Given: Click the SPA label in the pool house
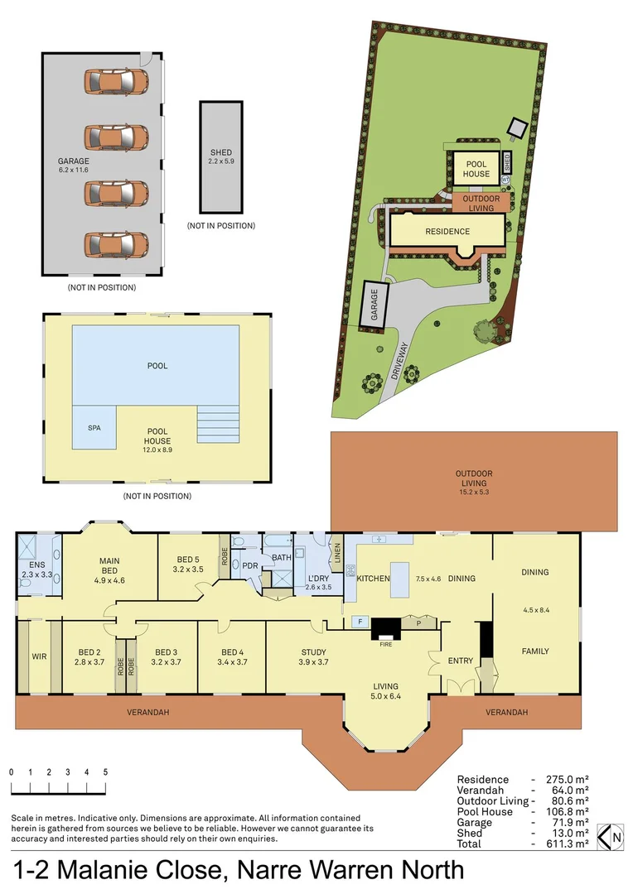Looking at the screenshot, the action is pos(94,428).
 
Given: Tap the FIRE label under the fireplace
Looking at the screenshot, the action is pos(386,644).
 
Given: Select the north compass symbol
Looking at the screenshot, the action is pos(610,838).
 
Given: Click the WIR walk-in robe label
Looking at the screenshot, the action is pos(39,656).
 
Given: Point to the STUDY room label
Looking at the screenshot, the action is pos(313,651).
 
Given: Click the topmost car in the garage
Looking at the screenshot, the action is pos(117,81).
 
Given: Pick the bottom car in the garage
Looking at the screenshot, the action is pos(117,244).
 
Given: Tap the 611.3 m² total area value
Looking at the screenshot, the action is pos(567,844).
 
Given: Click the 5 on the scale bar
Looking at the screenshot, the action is pos(105,772).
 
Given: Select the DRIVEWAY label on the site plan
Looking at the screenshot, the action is pos(399,361).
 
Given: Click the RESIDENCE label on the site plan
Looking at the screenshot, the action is pos(447,232).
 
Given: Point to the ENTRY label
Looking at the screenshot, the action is pos(461,661).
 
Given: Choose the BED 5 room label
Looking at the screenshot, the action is pos(188,560).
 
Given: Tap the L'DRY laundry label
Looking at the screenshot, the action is pos(318,578).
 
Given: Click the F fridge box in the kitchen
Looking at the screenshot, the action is pos(360,622).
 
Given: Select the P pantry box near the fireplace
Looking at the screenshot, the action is pos(418,623).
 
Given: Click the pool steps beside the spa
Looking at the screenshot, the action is pos(218,424).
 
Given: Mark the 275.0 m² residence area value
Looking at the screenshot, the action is pos(567,780).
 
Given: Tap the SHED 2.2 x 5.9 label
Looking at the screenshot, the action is pos(221,156).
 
